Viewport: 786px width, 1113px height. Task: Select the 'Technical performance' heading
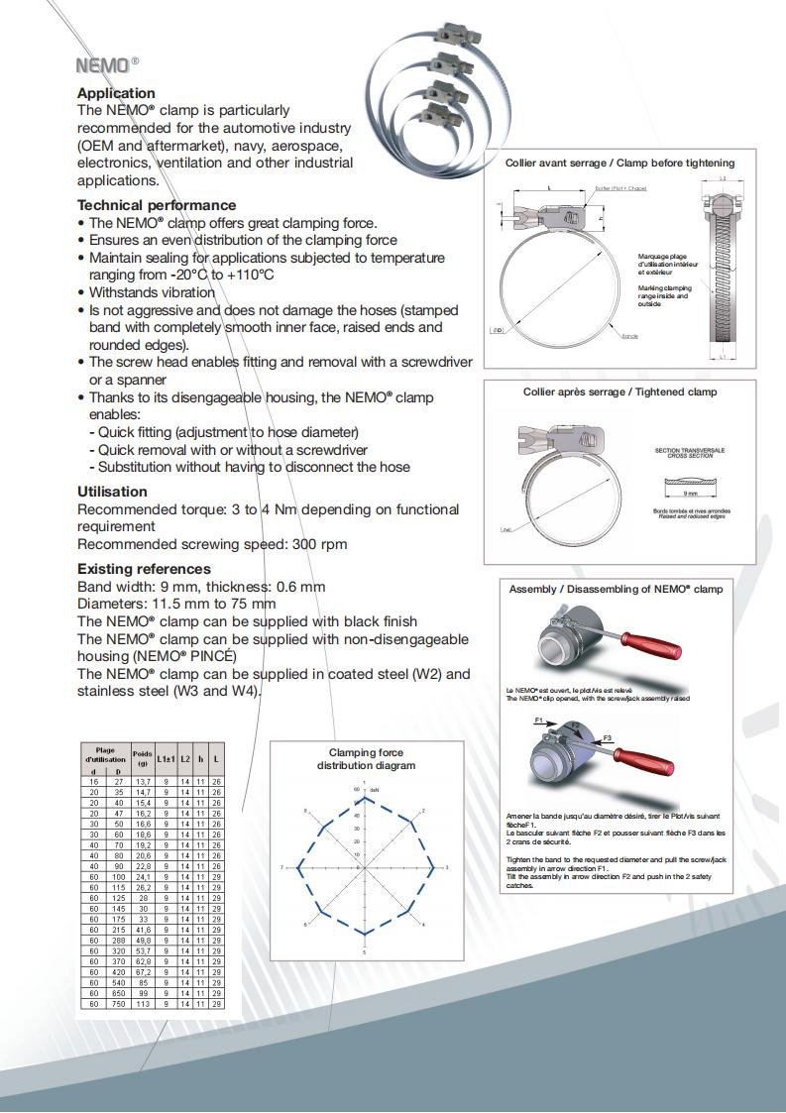pos(157,205)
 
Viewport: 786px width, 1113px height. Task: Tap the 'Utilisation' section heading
pos(112,492)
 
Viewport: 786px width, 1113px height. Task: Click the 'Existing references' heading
pos(144,569)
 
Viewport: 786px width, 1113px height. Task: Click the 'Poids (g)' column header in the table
pos(143,758)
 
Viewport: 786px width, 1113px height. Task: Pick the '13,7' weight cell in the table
pos(143,782)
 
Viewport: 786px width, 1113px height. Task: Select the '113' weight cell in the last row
pos(143,1004)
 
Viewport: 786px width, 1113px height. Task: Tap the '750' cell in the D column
pos(118,1004)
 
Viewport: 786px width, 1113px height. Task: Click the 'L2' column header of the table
pos(184,758)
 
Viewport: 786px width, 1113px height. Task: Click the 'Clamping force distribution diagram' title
pos(366,759)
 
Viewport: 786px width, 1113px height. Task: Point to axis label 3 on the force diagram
pos(447,868)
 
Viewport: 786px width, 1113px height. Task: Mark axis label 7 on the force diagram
pos(283,868)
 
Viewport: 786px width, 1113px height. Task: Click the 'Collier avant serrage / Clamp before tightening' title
pos(619,163)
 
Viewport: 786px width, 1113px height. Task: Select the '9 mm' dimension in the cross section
pos(691,493)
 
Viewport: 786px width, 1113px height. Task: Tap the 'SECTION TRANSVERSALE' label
pos(690,450)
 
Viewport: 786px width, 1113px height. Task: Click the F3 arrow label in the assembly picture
pos(609,738)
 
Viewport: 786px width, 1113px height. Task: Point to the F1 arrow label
pos(538,721)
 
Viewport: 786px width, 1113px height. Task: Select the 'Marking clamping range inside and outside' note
pos(664,293)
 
